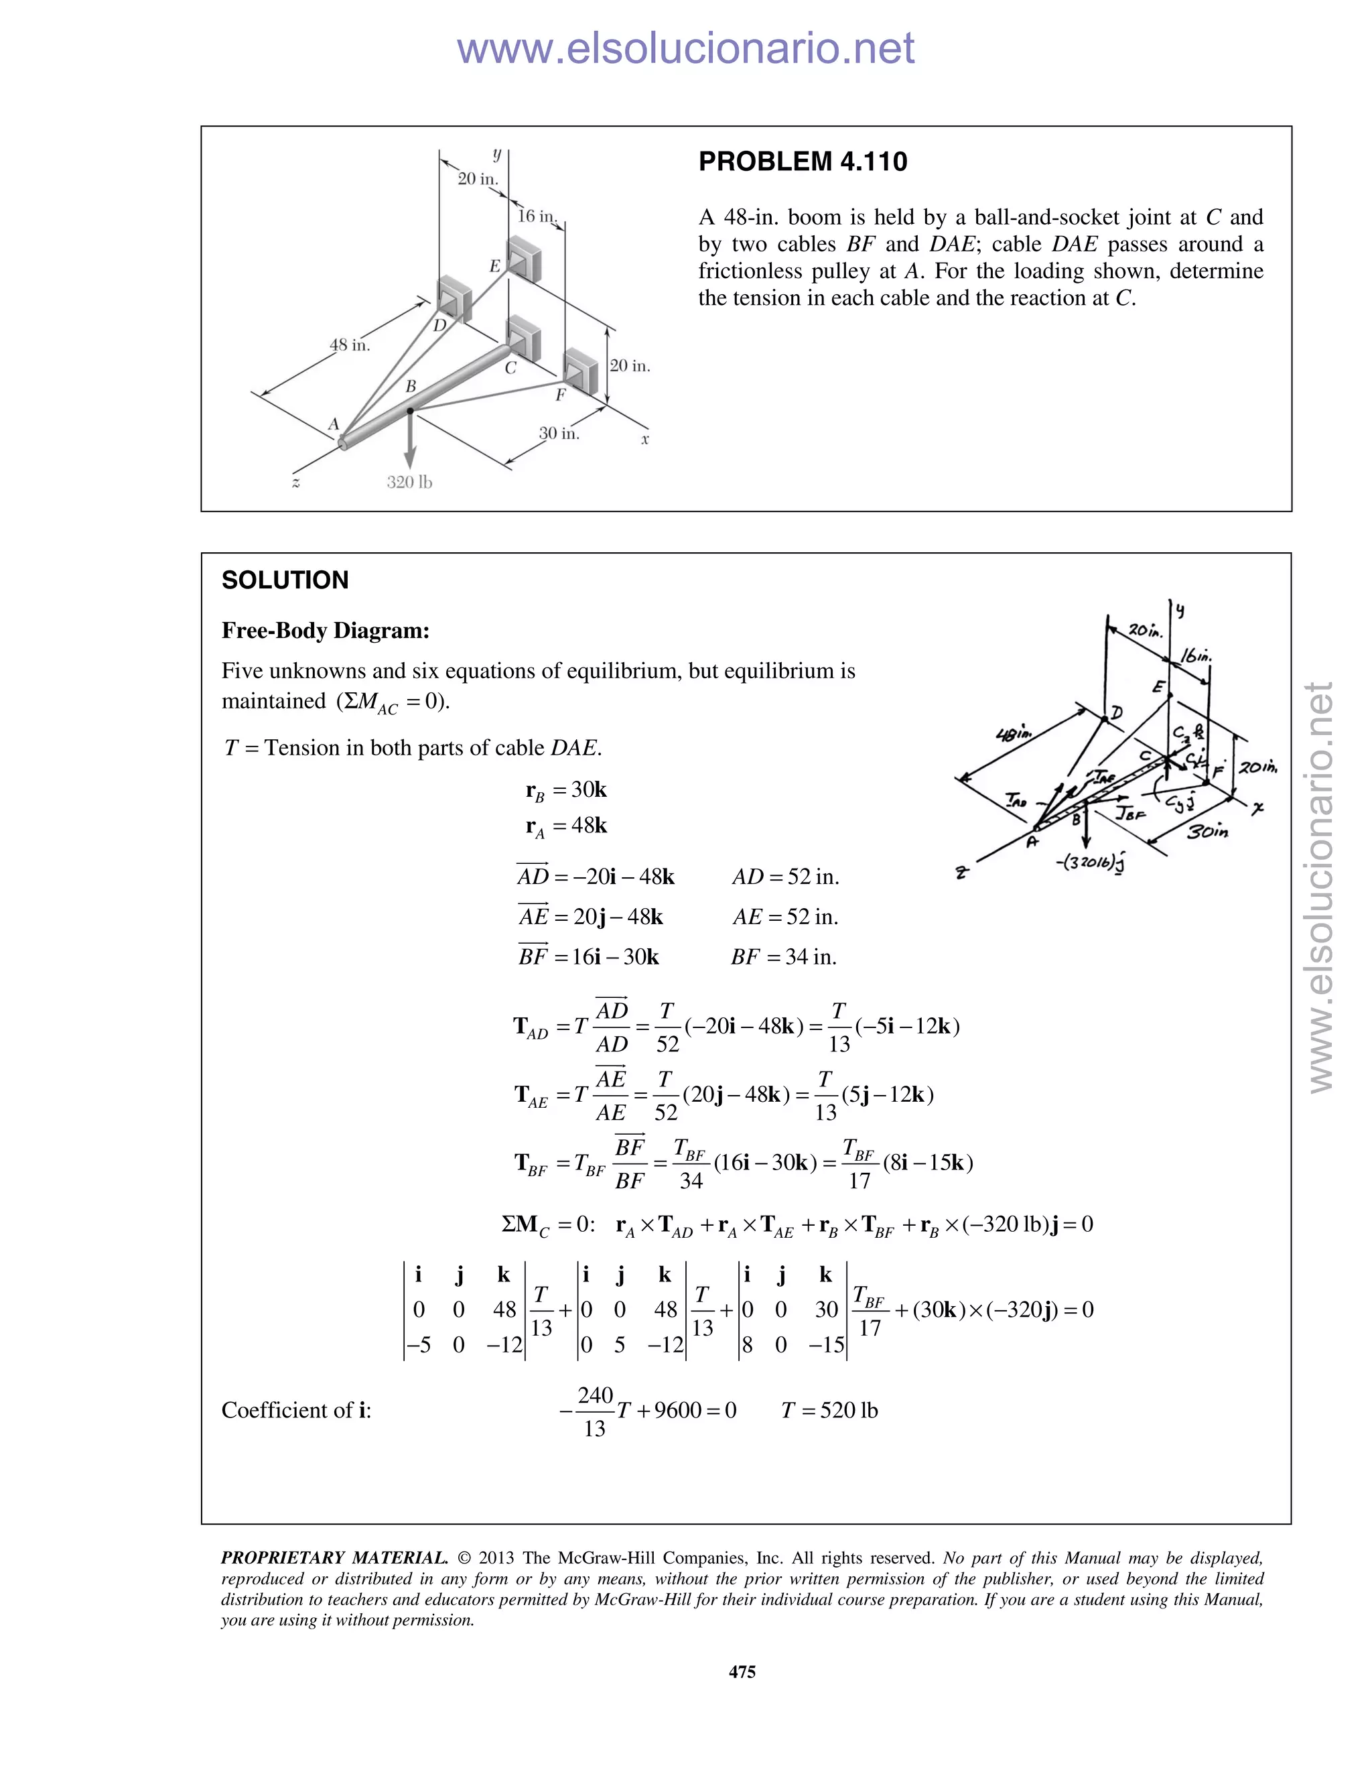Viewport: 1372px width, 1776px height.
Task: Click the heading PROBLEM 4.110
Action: click(802, 161)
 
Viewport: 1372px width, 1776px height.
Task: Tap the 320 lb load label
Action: click(409, 483)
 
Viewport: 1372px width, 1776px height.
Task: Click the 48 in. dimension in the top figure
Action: click(350, 344)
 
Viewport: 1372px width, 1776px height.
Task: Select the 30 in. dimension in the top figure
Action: click(559, 434)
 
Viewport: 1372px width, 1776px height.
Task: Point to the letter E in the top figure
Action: click(494, 266)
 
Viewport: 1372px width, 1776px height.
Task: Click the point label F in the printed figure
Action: click(560, 395)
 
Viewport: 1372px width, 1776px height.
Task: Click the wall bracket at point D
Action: click(454, 296)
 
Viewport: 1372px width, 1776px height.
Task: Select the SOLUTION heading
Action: click(285, 580)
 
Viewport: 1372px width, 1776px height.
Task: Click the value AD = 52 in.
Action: click(785, 877)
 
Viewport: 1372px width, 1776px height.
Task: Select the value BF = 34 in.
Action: click(784, 956)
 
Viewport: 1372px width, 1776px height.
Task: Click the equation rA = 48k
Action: click(567, 826)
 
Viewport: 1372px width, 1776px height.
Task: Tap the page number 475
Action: click(742, 1671)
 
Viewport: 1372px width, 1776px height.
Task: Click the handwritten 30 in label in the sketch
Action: click(1207, 832)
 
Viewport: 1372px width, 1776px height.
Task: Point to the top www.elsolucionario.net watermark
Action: click(685, 48)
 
